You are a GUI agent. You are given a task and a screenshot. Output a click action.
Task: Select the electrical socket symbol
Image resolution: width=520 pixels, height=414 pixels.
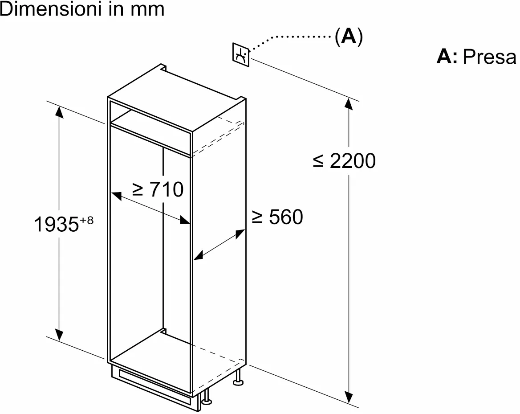[x=240, y=55]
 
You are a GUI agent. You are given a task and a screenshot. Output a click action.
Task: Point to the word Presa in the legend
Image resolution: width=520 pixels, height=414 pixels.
[x=489, y=57]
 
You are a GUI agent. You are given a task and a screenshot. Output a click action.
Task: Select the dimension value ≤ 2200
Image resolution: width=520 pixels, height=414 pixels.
[x=344, y=161]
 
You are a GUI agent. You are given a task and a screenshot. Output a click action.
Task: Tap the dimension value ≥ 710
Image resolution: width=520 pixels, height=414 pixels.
[x=158, y=189]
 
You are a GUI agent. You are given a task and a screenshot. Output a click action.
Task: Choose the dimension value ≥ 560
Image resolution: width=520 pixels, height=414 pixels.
[x=277, y=217]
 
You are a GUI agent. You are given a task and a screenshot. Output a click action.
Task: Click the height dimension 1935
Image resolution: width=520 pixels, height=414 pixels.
[x=56, y=225]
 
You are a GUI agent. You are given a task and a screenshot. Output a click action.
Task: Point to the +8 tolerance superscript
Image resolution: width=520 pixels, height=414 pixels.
[x=87, y=220]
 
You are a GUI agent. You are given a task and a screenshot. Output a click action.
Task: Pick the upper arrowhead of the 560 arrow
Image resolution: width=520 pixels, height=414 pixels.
[x=241, y=233]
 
